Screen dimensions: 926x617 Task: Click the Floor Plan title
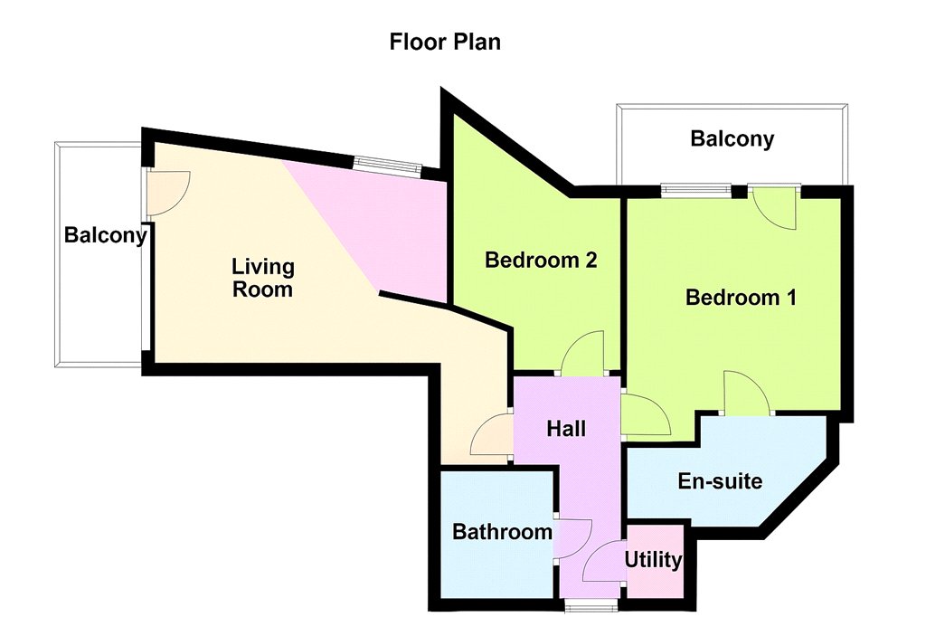click(445, 42)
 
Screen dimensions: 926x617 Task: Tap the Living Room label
click(263, 278)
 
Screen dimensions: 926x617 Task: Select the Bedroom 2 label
click(541, 260)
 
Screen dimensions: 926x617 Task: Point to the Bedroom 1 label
click(741, 297)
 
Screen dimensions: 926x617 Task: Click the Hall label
click(566, 429)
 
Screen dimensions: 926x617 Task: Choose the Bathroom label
click(503, 531)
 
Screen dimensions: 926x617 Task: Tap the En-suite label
click(720, 481)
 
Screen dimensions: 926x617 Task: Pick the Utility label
click(653, 559)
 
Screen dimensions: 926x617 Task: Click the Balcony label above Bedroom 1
click(732, 139)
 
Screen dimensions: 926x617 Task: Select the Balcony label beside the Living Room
click(106, 235)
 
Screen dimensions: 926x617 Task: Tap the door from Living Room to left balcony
click(168, 194)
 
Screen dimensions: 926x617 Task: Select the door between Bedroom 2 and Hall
click(582, 353)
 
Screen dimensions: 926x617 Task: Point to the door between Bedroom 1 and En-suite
click(747, 392)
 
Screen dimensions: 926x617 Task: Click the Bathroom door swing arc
click(573, 538)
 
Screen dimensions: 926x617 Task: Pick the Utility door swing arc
click(603, 562)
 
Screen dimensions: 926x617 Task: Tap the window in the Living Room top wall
click(387, 166)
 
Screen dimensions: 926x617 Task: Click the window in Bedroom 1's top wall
click(695, 190)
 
